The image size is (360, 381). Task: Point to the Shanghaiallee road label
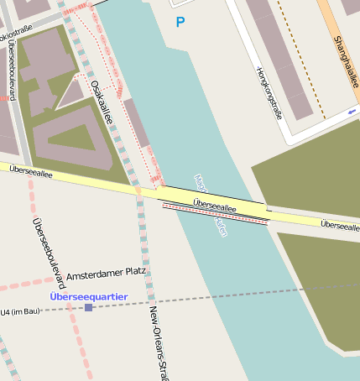(x=345, y=60)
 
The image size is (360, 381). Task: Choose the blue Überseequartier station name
(x=88, y=296)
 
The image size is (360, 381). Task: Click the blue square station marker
(x=88, y=308)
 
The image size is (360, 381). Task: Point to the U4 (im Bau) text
(x=21, y=312)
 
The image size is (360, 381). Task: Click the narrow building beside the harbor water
(x=136, y=123)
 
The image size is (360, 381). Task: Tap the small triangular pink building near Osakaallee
(x=71, y=92)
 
